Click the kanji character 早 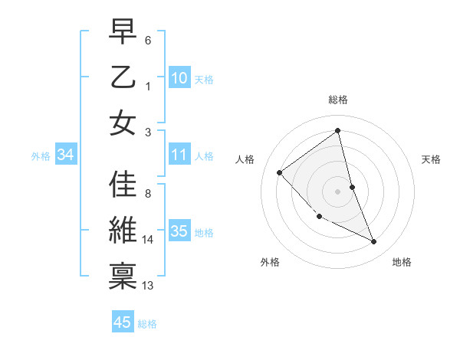pos(123,32)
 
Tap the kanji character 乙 pos(123,77)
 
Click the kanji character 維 pos(123,230)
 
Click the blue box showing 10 pos(179,77)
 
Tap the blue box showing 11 pos(179,155)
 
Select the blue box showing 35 pos(179,231)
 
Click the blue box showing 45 pos(123,322)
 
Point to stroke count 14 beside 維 pos(148,240)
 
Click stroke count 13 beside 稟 pos(148,285)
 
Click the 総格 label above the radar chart pos(338,100)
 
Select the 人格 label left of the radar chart pos(245,159)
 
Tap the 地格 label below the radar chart pos(402,262)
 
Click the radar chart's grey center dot pos(338,191)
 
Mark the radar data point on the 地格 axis pos(374,242)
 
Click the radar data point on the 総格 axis pos(338,130)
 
